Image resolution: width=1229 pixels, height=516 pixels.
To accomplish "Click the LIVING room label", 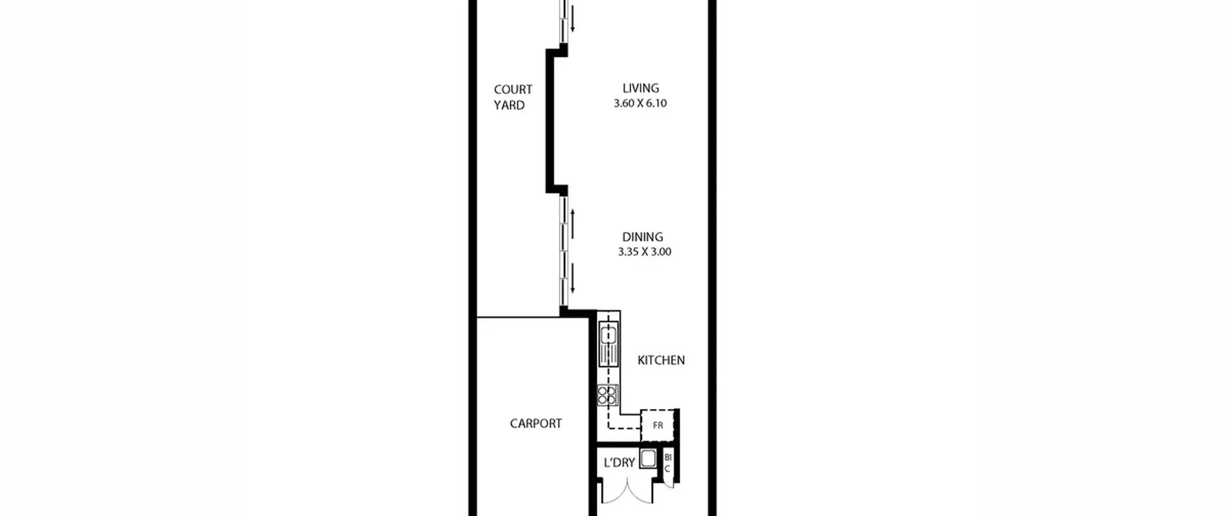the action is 640,88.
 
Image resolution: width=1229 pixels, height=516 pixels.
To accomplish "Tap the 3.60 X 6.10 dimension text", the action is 640,103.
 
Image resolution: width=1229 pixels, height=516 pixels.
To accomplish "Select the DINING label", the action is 642,237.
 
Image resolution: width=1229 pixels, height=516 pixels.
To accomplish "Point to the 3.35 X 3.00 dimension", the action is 644,252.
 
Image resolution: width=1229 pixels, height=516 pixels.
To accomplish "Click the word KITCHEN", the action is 661,360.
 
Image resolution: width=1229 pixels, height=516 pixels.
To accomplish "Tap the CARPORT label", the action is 536,423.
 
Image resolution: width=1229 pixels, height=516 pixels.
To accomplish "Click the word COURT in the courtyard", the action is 513,90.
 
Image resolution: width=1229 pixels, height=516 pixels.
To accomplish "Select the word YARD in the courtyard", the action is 509,105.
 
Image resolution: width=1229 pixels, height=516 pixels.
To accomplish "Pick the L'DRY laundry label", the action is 619,463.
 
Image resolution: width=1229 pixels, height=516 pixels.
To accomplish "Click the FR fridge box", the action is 658,425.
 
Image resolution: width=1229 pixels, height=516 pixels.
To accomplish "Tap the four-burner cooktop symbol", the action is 607,394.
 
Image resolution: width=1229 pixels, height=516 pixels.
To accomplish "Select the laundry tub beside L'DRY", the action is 648,459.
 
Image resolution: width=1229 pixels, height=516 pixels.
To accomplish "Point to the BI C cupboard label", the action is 668,463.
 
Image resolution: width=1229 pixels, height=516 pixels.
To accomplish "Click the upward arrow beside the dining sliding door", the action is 572,224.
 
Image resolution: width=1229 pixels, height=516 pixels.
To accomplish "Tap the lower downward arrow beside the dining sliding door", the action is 572,278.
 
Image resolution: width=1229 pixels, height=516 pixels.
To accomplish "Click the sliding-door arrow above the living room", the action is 572,16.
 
